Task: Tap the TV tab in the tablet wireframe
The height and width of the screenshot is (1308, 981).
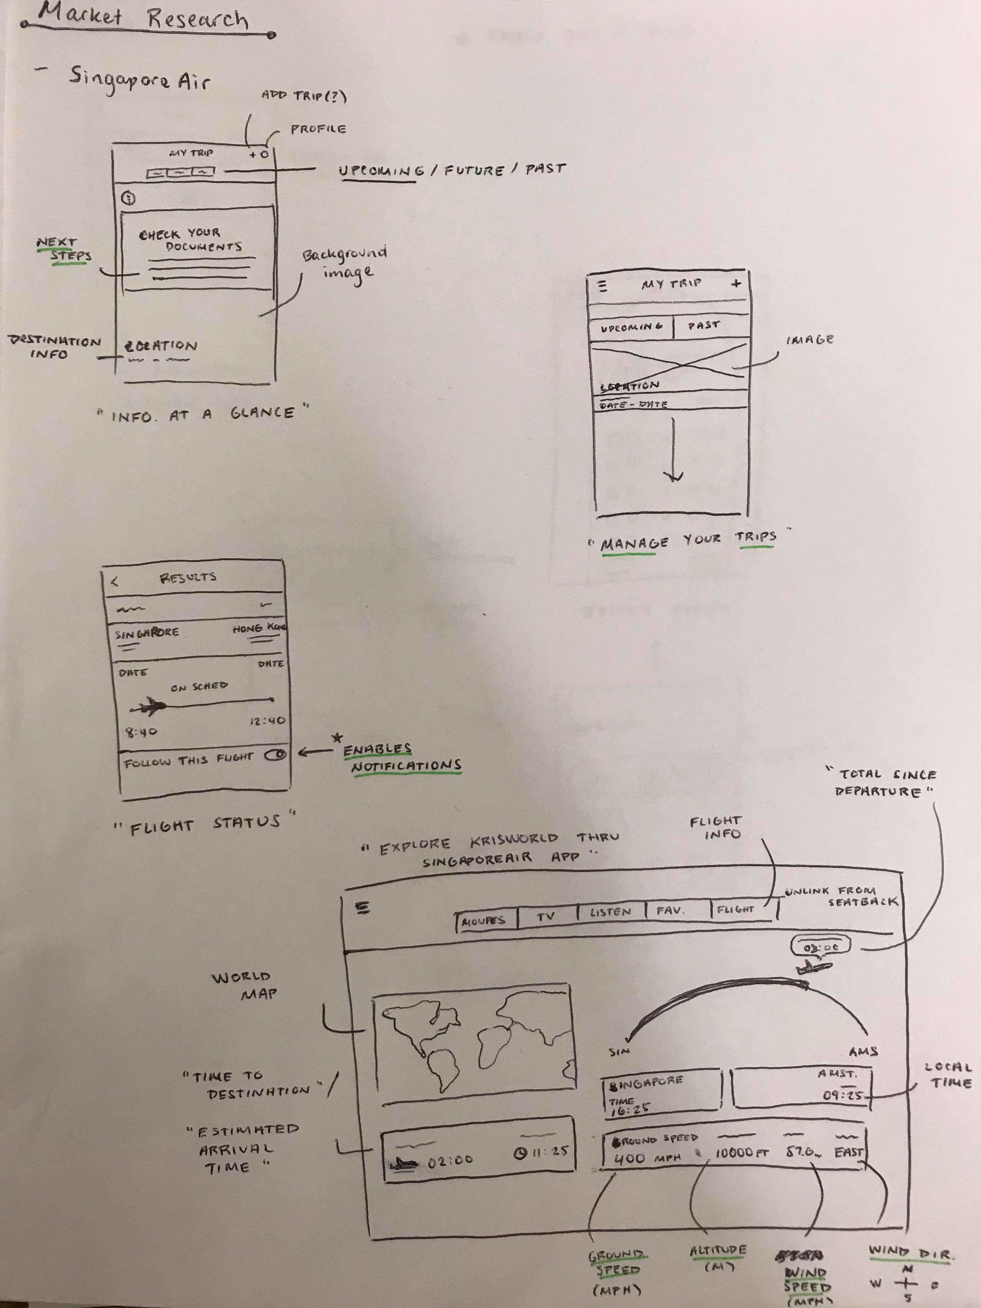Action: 546,916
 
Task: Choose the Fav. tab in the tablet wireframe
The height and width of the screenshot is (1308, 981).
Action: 670,911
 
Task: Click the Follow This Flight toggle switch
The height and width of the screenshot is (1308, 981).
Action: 275,755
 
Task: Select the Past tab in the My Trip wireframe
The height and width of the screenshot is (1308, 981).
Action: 704,325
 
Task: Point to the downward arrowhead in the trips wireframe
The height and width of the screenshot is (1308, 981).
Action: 673,476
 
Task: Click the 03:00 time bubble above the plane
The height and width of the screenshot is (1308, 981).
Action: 821,947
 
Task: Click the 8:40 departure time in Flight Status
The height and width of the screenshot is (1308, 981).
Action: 141,732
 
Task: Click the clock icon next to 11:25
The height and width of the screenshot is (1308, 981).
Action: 520,1152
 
